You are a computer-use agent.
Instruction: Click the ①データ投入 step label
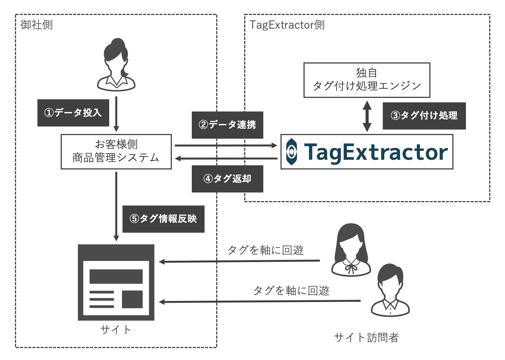[x=73, y=113]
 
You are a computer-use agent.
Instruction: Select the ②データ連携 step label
[x=227, y=125]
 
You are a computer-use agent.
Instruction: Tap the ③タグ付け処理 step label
[x=424, y=116]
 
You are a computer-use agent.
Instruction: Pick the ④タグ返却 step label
[x=227, y=179]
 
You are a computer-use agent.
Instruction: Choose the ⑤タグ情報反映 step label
[x=163, y=219]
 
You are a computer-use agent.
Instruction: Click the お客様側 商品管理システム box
[x=116, y=151]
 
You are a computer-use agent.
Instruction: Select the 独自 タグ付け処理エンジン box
[x=367, y=80]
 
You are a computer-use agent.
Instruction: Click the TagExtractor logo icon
[x=292, y=152]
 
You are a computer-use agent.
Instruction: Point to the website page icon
[x=116, y=282]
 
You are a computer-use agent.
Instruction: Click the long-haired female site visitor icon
[x=351, y=250]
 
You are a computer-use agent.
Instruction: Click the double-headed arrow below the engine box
[x=367, y=116]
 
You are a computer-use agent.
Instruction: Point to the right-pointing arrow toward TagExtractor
[x=226, y=145]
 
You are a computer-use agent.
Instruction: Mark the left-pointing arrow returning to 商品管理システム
[x=226, y=158]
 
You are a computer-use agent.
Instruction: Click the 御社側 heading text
[x=36, y=25]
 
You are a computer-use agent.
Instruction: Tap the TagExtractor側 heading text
[x=287, y=25]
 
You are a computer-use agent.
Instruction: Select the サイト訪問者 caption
[x=366, y=338]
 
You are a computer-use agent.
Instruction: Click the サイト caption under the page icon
[x=115, y=329]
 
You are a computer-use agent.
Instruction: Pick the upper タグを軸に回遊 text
[x=266, y=250]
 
